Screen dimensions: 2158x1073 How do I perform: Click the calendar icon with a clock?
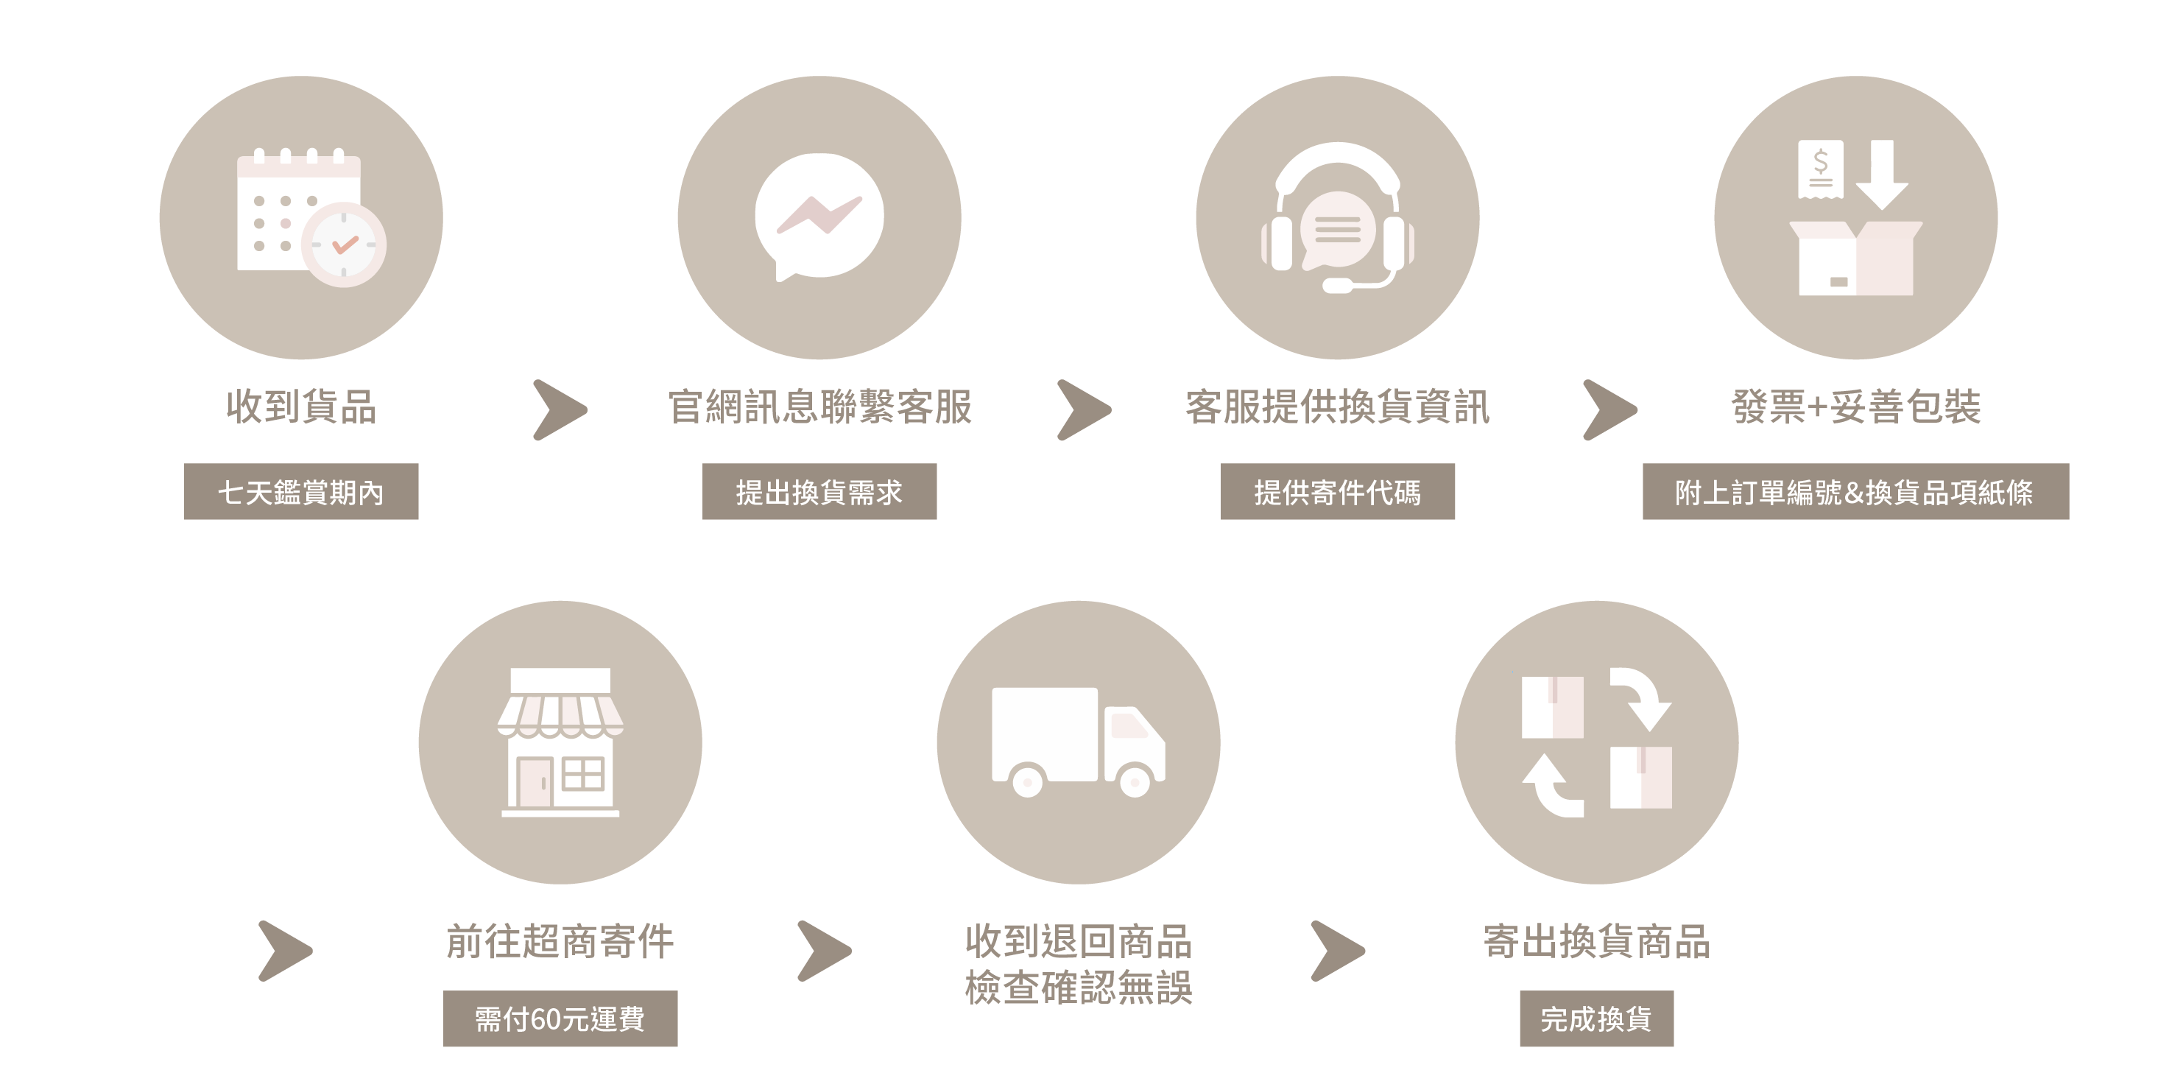[x=311, y=218]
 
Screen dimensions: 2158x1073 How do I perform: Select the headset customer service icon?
[x=1338, y=218]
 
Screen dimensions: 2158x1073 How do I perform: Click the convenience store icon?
[x=560, y=742]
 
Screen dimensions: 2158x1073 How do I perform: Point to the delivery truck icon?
[x=1078, y=742]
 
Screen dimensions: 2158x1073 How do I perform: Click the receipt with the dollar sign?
[x=1820, y=169]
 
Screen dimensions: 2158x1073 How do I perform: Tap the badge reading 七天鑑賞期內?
[x=300, y=492]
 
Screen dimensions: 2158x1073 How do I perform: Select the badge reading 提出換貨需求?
[x=819, y=492]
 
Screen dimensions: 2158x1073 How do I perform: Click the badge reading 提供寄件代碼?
[x=1337, y=492]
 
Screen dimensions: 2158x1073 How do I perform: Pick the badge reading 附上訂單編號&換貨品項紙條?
[x=1855, y=492]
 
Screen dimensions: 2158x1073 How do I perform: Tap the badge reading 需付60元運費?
[x=560, y=1019]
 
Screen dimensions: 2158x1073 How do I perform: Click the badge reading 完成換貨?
[x=1597, y=1019]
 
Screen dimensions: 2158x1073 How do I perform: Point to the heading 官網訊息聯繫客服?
[x=819, y=407]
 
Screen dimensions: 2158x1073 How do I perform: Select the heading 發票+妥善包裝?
[x=1856, y=407]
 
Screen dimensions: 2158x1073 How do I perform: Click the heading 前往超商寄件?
[x=560, y=940]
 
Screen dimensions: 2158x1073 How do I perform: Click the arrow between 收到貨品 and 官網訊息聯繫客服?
[x=560, y=409]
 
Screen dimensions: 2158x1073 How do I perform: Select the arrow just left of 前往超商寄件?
[x=286, y=951]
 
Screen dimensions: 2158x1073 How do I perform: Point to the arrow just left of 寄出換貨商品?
[x=1338, y=951]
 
